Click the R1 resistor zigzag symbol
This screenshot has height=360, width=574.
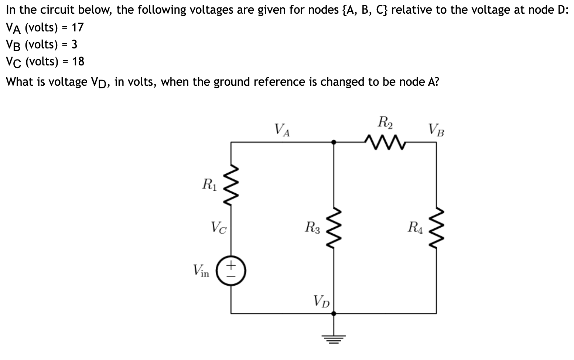(x=231, y=186)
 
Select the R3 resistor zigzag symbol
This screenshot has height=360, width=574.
(x=334, y=227)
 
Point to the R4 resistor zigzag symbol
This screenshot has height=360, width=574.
(x=436, y=227)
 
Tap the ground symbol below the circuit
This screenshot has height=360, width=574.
(x=334, y=337)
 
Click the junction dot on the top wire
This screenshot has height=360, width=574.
(x=334, y=142)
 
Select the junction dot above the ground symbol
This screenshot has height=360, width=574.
(x=334, y=313)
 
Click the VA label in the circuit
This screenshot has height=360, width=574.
(x=282, y=130)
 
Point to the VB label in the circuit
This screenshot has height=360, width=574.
(x=436, y=130)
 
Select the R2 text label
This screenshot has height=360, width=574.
(x=385, y=122)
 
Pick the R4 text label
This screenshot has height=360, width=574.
(x=415, y=226)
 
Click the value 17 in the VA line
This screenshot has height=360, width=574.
(x=78, y=27)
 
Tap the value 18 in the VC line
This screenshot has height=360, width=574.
(x=78, y=61)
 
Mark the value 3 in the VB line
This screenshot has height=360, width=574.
(x=74, y=44)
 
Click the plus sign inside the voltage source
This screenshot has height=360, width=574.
(x=231, y=265)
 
